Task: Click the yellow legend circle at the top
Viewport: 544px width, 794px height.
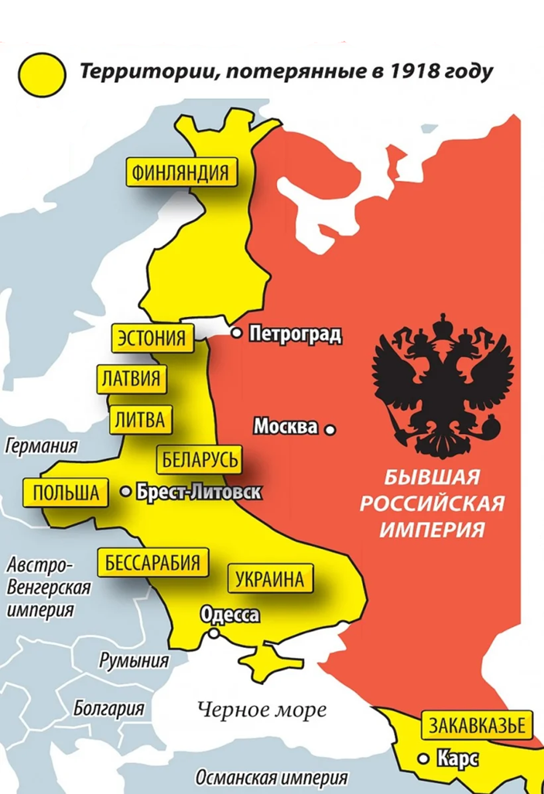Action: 43,74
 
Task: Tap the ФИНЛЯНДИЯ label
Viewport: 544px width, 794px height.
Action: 181,172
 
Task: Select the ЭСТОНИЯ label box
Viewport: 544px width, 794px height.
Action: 152,338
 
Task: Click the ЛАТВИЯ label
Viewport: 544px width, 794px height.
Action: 131,379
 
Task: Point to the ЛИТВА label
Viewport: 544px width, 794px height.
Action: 139,420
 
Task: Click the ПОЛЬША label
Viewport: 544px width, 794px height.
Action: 66,492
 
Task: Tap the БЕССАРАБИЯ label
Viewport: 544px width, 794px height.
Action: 152,562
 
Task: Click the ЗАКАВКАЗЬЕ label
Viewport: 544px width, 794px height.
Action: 477,726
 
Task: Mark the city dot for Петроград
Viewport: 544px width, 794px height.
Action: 238,334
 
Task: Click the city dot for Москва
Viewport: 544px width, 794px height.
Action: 330,428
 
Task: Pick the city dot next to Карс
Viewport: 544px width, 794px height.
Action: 423,759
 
